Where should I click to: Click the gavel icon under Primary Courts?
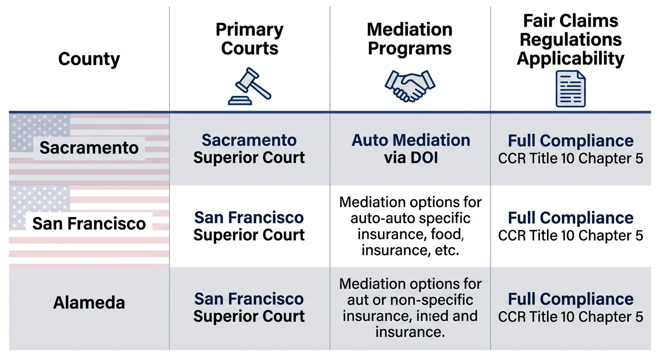coord(249,86)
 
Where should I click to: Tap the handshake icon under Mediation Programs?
coord(410,86)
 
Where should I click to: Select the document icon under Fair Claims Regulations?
coord(570,89)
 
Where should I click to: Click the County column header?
coord(89,59)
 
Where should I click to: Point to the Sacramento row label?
coord(89,148)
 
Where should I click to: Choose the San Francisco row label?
coord(89,223)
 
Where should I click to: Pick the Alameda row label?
coord(89,302)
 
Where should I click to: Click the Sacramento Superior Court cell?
coord(249,149)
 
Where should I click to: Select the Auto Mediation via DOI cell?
coord(411,149)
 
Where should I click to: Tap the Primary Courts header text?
coord(249,39)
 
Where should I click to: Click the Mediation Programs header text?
coord(410,39)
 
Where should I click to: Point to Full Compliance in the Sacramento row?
coord(570,141)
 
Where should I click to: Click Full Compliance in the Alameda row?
coord(570,299)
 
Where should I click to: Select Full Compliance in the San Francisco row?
coord(570,218)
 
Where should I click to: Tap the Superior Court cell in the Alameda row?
coord(249,307)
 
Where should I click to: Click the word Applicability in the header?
coord(570,59)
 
